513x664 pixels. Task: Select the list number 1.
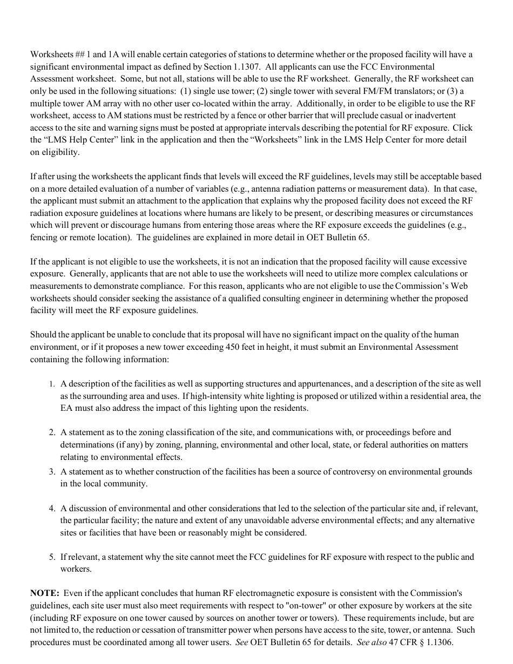pos(52,384)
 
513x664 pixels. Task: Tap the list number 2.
pos(52,433)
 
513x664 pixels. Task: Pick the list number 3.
pos(52,472)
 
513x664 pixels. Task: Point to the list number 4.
pos(52,509)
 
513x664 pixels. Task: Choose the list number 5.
pos(52,557)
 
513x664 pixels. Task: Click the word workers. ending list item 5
pos(76,569)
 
